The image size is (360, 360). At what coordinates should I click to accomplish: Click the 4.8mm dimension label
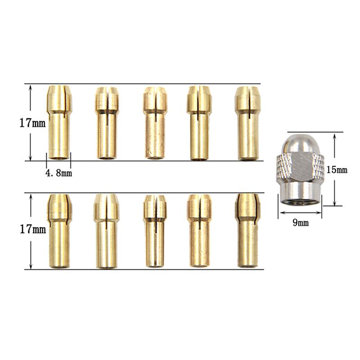pos(59,173)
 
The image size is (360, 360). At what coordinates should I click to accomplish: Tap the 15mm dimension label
pos(337,170)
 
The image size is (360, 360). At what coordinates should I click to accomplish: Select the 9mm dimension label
pos(301,223)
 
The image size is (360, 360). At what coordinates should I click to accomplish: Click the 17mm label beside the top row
pos(32,123)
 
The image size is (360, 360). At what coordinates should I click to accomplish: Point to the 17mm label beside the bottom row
pos(33,229)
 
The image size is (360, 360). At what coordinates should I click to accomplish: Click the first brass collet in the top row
pos(59,122)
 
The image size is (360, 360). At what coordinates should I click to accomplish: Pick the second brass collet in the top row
pos(107,123)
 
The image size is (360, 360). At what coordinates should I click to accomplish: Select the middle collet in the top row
pos(155,123)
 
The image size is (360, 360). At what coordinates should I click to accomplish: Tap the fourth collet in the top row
pos(199,123)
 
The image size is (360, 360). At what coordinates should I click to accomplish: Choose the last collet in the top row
pos(247,123)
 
